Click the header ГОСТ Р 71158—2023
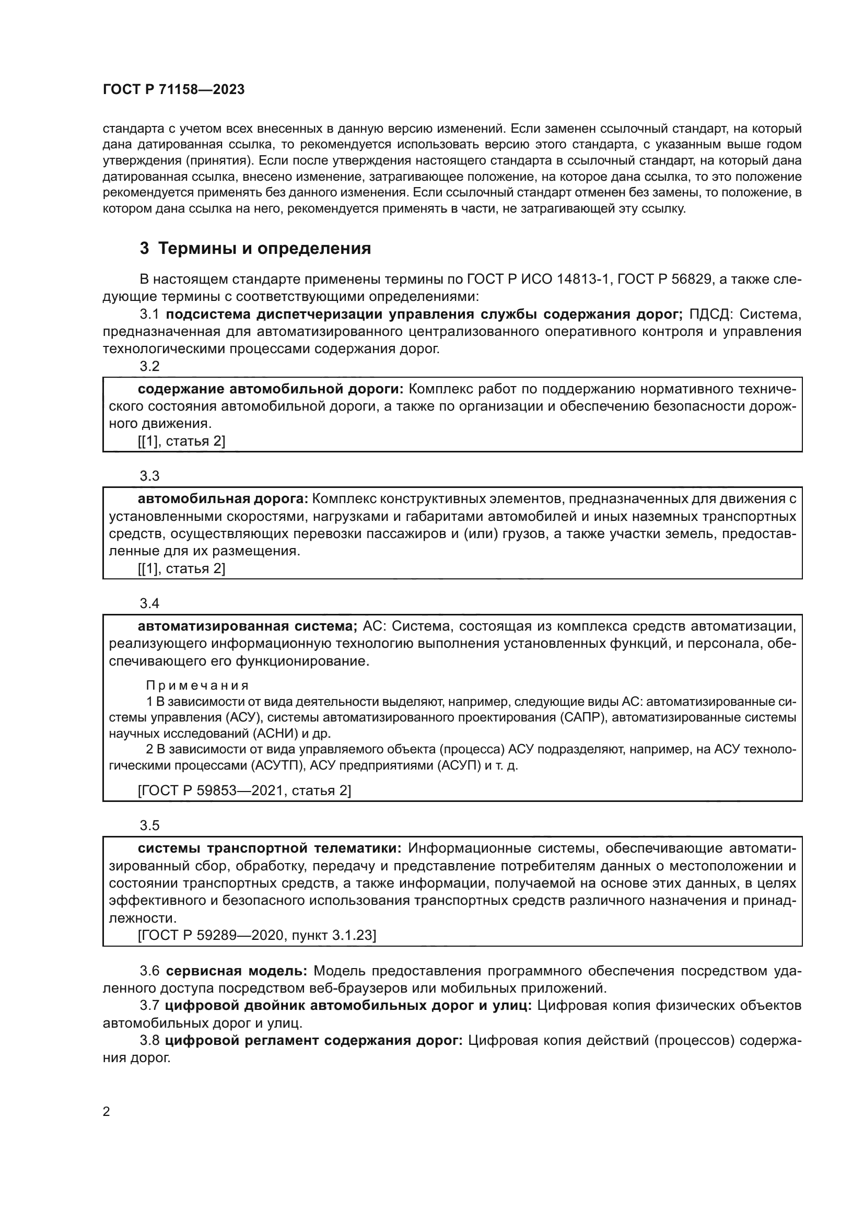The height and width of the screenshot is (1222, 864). pos(173,89)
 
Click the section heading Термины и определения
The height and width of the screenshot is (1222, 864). pos(264,249)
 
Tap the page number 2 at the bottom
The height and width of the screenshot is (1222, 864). pos(107,1112)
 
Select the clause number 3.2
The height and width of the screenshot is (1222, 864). pos(149,366)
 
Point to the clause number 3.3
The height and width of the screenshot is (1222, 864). pos(149,476)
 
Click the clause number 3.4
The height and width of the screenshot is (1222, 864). pos(149,603)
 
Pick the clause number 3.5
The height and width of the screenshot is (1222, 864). pos(149,825)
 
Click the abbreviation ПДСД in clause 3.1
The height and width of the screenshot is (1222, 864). pos(710,315)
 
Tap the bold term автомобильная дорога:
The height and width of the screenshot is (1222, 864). pos(223,499)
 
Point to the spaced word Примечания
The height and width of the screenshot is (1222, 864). pos(197,686)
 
